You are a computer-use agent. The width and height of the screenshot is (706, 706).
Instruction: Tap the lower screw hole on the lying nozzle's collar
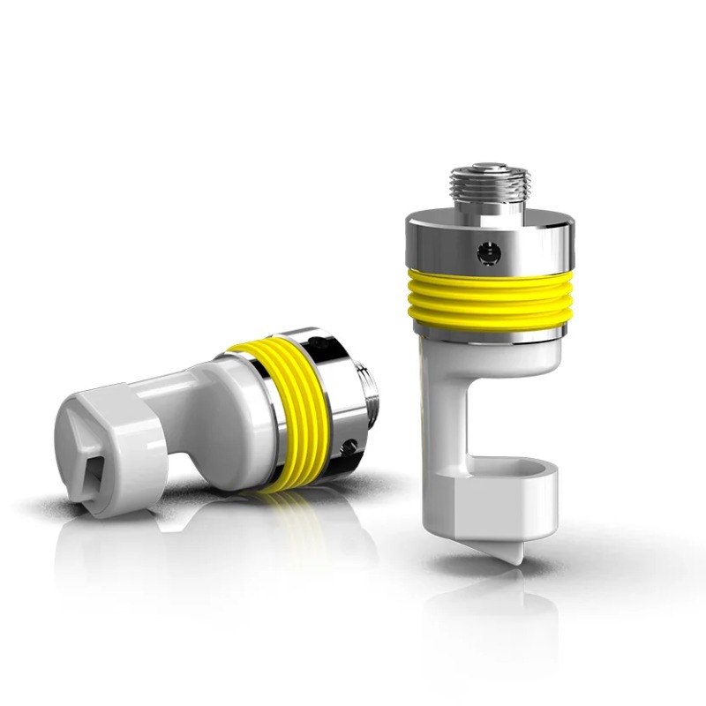(x=350, y=445)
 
